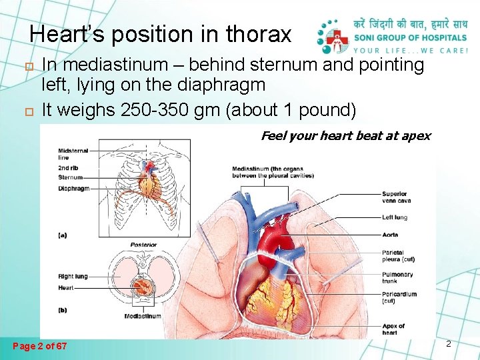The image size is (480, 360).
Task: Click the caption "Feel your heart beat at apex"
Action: point(345,136)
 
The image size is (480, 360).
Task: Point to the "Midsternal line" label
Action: point(73,154)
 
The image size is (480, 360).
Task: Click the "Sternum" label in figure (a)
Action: point(70,178)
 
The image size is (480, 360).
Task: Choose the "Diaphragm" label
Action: point(73,189)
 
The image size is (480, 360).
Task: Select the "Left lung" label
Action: point(395,217)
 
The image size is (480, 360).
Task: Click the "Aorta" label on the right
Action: point(391,235)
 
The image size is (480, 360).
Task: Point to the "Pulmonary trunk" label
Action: point(397,278)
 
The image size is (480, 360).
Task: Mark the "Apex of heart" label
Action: point(393,329)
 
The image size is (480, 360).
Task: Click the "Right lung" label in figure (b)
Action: point(72,276)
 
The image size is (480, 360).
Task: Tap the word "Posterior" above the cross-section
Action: point(143,245)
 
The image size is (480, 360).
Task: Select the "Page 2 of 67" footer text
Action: point(40,346)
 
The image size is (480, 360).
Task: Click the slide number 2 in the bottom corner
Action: point(449,344)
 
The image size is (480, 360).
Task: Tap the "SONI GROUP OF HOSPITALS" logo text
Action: point(410,37)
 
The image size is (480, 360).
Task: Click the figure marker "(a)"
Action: point(63,235)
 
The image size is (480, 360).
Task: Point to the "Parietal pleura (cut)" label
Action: point(397,257)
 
